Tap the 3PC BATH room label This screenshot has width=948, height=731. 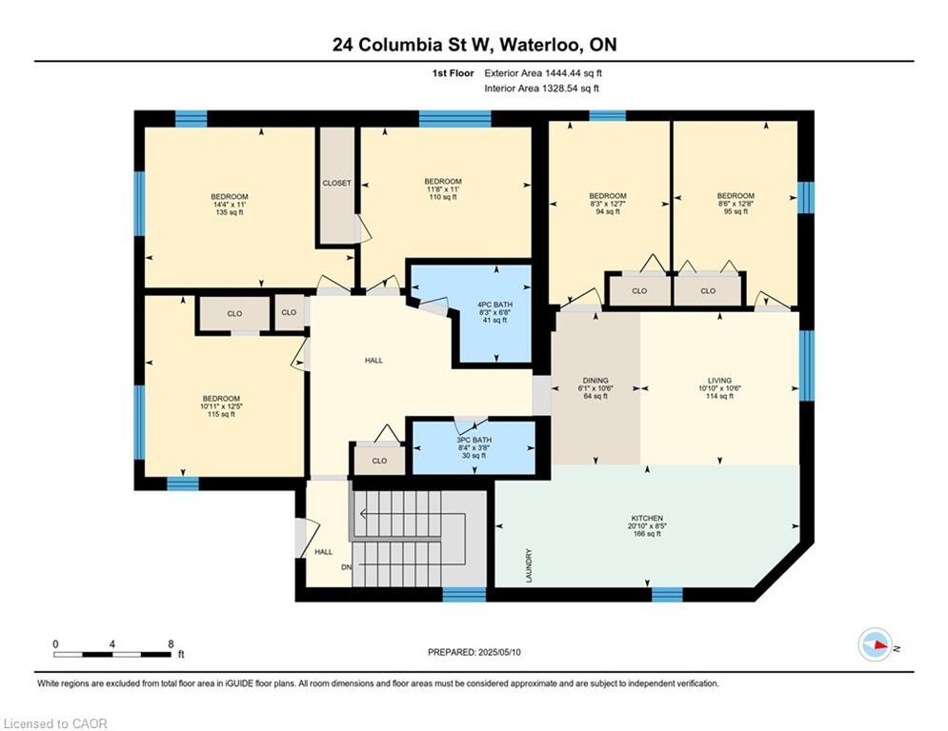[474, 440]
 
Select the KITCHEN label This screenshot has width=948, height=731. [647, 519]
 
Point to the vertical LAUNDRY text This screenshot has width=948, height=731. [529, 565]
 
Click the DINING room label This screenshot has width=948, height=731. [595, 381]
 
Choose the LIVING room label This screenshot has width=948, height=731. [719, 381]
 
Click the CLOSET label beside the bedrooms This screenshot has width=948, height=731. [336, 183]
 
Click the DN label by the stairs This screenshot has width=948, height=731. [347, 567]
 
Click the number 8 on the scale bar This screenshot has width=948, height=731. [171, 644]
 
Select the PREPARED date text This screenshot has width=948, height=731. [474, 652]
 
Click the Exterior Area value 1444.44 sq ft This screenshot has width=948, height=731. [574, 73]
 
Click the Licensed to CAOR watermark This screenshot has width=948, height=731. [55, 723]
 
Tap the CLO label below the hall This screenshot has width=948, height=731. [379, 461]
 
